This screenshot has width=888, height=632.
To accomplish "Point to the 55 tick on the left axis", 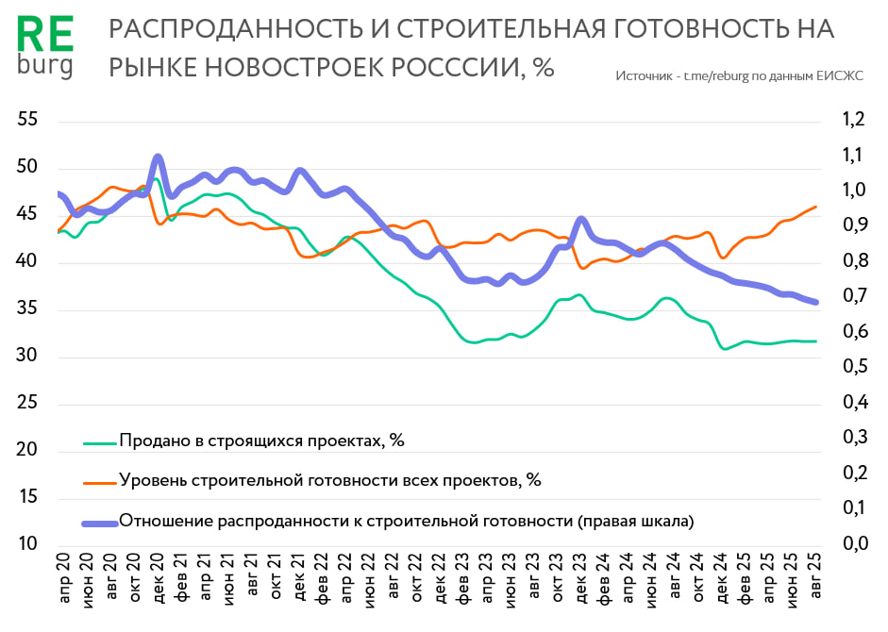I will click(x=27, y=120).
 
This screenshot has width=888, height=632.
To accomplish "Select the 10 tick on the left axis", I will click(x=27, y=544).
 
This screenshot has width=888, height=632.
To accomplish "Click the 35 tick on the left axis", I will click(x=27, y=308).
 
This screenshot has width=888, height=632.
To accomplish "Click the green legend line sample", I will click(x=100, y=441).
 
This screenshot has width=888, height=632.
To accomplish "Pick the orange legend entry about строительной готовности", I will click(x=330, y=480).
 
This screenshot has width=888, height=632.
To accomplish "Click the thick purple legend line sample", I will click(x=100, y=521).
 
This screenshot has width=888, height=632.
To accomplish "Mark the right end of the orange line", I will click(x=816, y=207).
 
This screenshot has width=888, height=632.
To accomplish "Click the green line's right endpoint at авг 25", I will click(x=816, y=341).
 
